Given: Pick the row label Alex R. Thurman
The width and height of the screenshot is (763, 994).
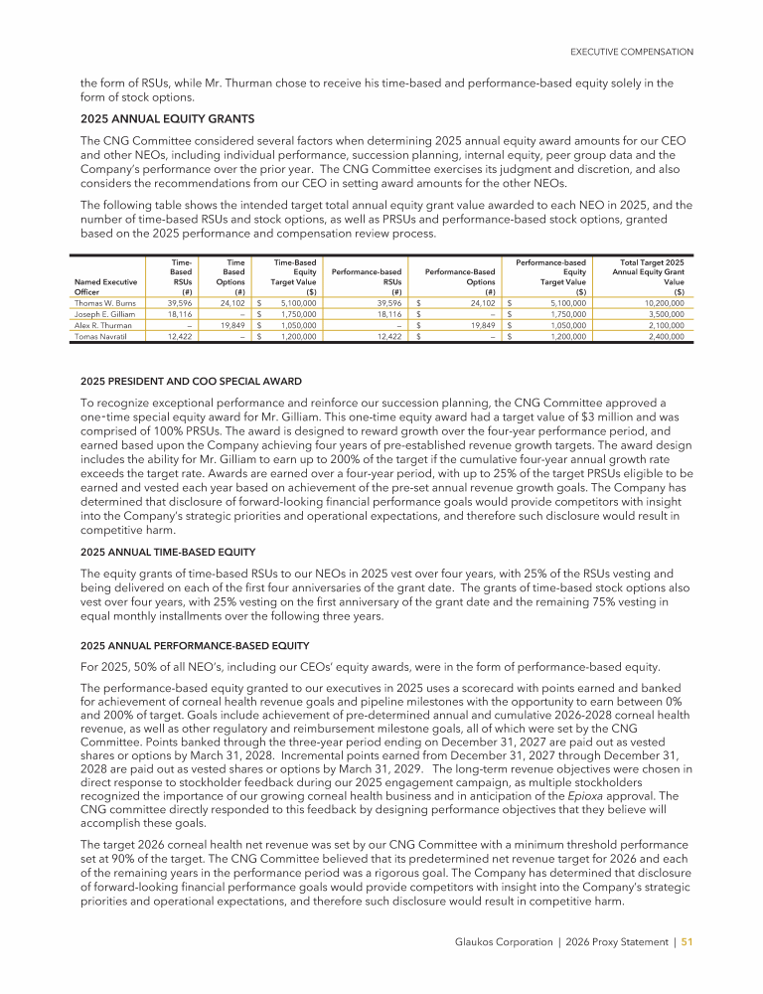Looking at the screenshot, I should click(102, 325).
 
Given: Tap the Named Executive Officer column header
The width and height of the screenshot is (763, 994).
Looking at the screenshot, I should click(106, 286).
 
